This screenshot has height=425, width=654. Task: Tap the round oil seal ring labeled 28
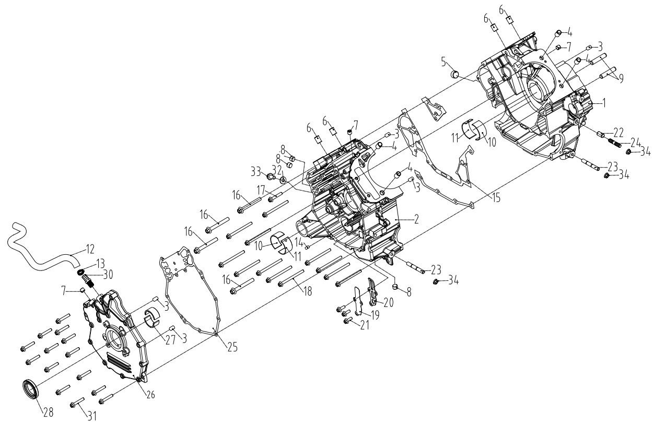(x=30, y=390)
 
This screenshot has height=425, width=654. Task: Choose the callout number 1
(x=604, y=103)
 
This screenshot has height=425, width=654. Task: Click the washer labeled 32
(x=283, y=180)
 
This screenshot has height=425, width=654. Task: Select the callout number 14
(x=298, y=242)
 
